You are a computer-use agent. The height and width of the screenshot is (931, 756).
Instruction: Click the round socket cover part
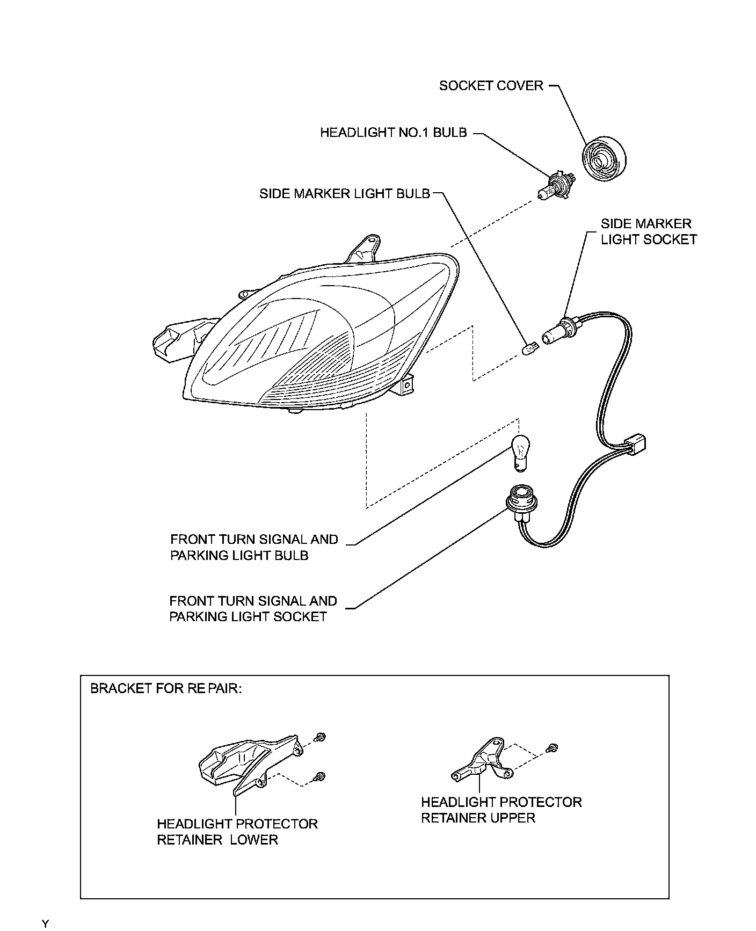[x=605, y=160]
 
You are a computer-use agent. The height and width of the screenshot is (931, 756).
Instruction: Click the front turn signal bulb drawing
[x=519, y=452]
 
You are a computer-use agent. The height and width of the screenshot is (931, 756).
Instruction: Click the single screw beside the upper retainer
[x=553, y=747]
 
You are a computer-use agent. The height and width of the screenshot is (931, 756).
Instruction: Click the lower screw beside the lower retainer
[x=320, y=776]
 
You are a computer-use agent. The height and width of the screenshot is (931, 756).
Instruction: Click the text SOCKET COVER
[x=491, y=86]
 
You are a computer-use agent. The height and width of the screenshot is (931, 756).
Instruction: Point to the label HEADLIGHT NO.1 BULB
[x=393, y=133]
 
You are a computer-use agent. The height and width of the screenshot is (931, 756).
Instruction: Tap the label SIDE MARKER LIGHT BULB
[x=344, y=194]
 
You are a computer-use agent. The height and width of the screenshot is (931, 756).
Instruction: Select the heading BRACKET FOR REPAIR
[x=166, y=688]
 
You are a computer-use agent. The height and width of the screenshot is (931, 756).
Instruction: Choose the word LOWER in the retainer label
[x=254, y=840]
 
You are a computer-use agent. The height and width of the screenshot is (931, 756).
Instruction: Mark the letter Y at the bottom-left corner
[x=46, y=923]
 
